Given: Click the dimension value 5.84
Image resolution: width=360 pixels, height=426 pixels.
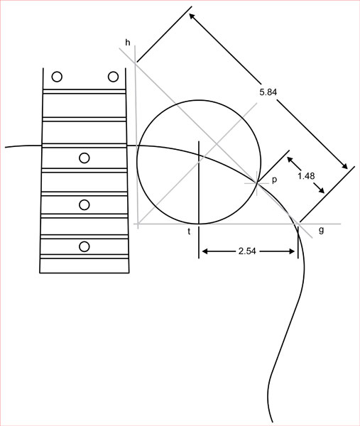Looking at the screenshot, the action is click(x=268, y=92).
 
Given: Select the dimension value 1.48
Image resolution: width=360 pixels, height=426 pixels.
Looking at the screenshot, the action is click(x=306, y=176).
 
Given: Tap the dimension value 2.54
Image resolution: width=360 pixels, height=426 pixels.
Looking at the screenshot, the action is click(x=247, y=251).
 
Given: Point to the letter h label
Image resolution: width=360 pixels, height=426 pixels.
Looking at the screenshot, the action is click(x=128, y=43).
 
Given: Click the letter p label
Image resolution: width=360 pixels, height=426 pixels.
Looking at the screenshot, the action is click(x=274, y=180).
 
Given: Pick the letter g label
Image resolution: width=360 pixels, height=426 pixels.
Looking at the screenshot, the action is click(x=321, y=230).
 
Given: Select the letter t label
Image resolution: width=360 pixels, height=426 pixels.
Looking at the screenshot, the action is click(x=189, y=231).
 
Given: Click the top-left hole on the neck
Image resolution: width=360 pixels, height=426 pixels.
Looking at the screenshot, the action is click(x=57, y=77).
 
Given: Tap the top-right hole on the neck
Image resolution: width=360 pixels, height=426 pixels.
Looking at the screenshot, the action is click(x=113, y=77).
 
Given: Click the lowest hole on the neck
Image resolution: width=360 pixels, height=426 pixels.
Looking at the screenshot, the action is click(x=84, y=246).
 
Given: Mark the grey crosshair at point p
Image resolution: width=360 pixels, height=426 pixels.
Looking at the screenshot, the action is click(x=257, y=183).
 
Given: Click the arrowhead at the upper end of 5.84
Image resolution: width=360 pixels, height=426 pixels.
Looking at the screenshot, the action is click(x=192, y=17).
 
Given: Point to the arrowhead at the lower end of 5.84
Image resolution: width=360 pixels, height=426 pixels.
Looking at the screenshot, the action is click(x=344, y=165).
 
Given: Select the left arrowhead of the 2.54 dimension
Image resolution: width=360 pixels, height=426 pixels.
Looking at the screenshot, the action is click(x=205, y=251).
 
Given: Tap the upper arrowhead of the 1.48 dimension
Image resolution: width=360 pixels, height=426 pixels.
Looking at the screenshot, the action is click(x=290, y=160).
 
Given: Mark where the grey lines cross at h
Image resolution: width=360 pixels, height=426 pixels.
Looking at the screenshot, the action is click(x=136, y=62).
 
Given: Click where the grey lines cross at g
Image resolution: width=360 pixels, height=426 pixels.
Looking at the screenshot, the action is click(x=298, y=224).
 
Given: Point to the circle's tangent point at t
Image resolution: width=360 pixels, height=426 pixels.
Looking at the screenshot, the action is click(x=199, y=224).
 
